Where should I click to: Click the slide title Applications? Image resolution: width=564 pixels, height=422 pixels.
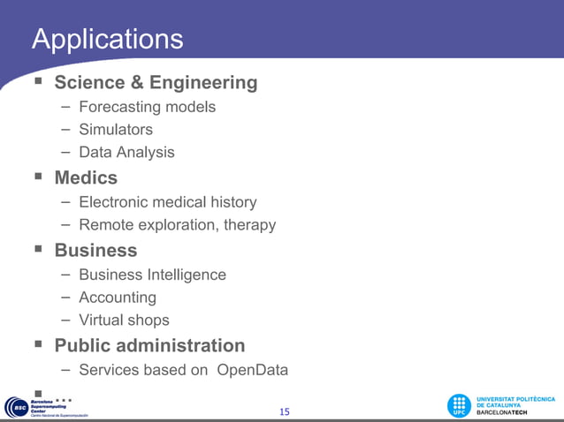click(107, 39)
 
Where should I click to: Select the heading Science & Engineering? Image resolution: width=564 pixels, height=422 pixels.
click(156, 83)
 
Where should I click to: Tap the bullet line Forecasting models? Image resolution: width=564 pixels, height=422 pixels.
click(147, 107)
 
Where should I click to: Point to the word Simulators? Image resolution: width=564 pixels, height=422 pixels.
click(116, 130)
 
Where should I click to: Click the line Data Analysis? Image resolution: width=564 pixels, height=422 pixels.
click(126, 152)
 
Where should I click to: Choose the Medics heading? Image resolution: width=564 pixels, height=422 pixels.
click(86, 177)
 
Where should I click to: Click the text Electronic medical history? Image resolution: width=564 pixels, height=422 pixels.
click(168, 203)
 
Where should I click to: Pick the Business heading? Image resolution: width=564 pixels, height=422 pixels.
click(95, 250)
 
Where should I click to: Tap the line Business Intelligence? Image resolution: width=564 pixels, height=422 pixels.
click(152, 275)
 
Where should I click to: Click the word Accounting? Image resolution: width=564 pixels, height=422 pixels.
click(118, 298)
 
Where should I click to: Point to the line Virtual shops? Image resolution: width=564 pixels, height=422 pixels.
click(124, 320)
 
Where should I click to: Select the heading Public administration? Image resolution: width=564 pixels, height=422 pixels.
click(149, 345)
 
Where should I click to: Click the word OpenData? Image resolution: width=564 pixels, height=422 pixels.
click(252, 370)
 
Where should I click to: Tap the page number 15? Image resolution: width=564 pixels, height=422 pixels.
click(284, 411)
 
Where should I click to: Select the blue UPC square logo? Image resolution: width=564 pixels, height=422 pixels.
click(459, 406)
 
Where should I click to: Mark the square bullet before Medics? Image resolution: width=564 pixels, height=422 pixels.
click(37, 177)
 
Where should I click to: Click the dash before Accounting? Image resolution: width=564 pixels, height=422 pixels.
click(66, 297)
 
